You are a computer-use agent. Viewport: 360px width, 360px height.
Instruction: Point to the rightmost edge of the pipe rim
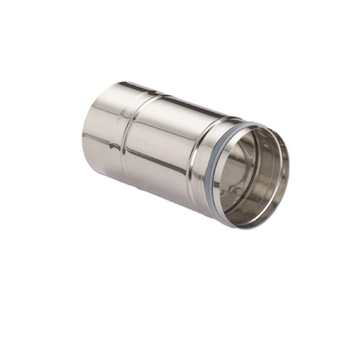[x=289, y=166]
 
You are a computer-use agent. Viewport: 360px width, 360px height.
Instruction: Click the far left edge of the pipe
[x=83, y=133]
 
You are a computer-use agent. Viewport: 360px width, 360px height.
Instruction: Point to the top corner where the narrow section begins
[x=114, y=84]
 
